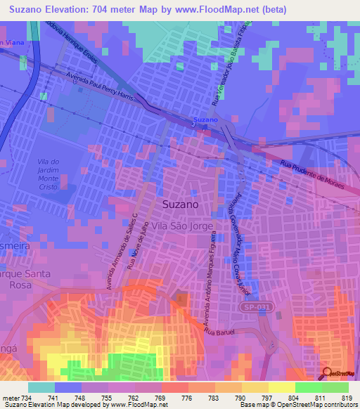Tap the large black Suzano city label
[180, 204]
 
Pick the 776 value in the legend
[186, 398]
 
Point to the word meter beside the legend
[9, 398]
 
